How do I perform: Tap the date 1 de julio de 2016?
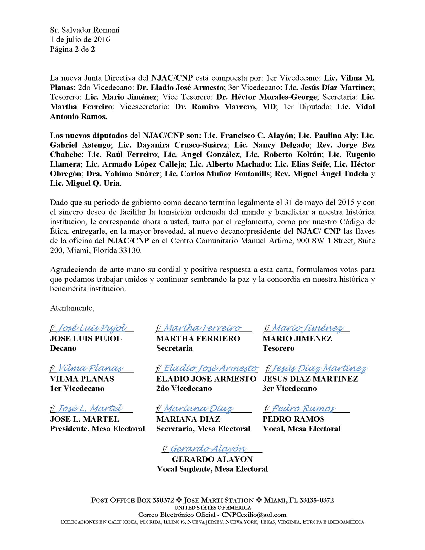coord(80,39)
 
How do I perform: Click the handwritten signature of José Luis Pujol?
coord(92,328)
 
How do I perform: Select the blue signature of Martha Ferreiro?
coord(202,328)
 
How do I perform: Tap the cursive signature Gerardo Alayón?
coord(208,448)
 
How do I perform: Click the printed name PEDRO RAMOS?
coord(293,419)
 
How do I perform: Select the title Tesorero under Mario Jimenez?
coord(278,348)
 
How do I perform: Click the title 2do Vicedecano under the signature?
coord(184,388)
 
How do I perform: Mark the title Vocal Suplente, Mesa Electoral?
coord(212,469)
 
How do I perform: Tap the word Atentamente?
coord(72,308)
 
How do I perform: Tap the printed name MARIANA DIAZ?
coord(188,419)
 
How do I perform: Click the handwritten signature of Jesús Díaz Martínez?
coord(319,368)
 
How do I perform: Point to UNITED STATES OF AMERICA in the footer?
coord(212,508)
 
